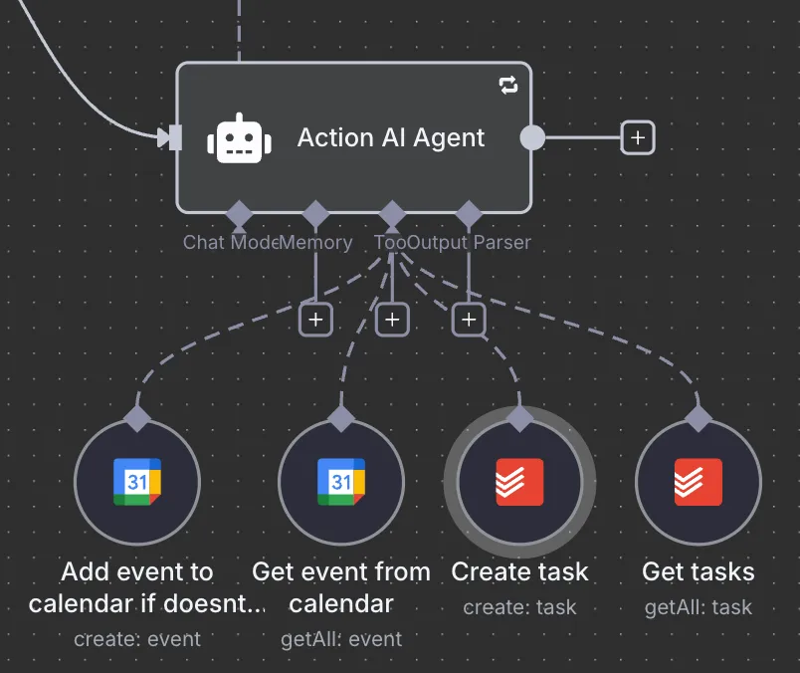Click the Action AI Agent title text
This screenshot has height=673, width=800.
[x=391, y=137]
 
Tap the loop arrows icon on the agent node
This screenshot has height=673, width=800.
[x=508, y=86]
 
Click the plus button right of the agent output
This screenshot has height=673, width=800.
[x=638, y=137]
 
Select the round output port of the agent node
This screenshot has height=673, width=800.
[x=533, y=137]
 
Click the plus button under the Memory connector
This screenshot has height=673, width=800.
[x=316, y=320]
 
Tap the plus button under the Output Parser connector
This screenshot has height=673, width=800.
[x=469, y=320]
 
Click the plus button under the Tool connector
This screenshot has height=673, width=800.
[x=393, y=320]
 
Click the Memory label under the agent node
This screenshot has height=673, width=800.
[x=316, y=242]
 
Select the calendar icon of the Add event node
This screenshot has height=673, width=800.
[x=137, y=482]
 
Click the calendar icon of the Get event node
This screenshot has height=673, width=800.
[x=341, y=482]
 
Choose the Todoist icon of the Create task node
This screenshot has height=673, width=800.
[x=519, y=482]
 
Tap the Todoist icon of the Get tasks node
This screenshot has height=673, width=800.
[x=699, y=482]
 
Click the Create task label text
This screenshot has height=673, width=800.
[x=519, y=571]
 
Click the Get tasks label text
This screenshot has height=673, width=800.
[x=699, y=571]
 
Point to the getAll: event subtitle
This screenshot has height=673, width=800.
[x=341, y=638]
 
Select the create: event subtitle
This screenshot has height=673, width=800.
[x=137, y=638]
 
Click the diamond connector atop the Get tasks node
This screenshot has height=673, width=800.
[x=699, y=417]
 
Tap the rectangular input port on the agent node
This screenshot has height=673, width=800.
[x=175, y=137]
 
